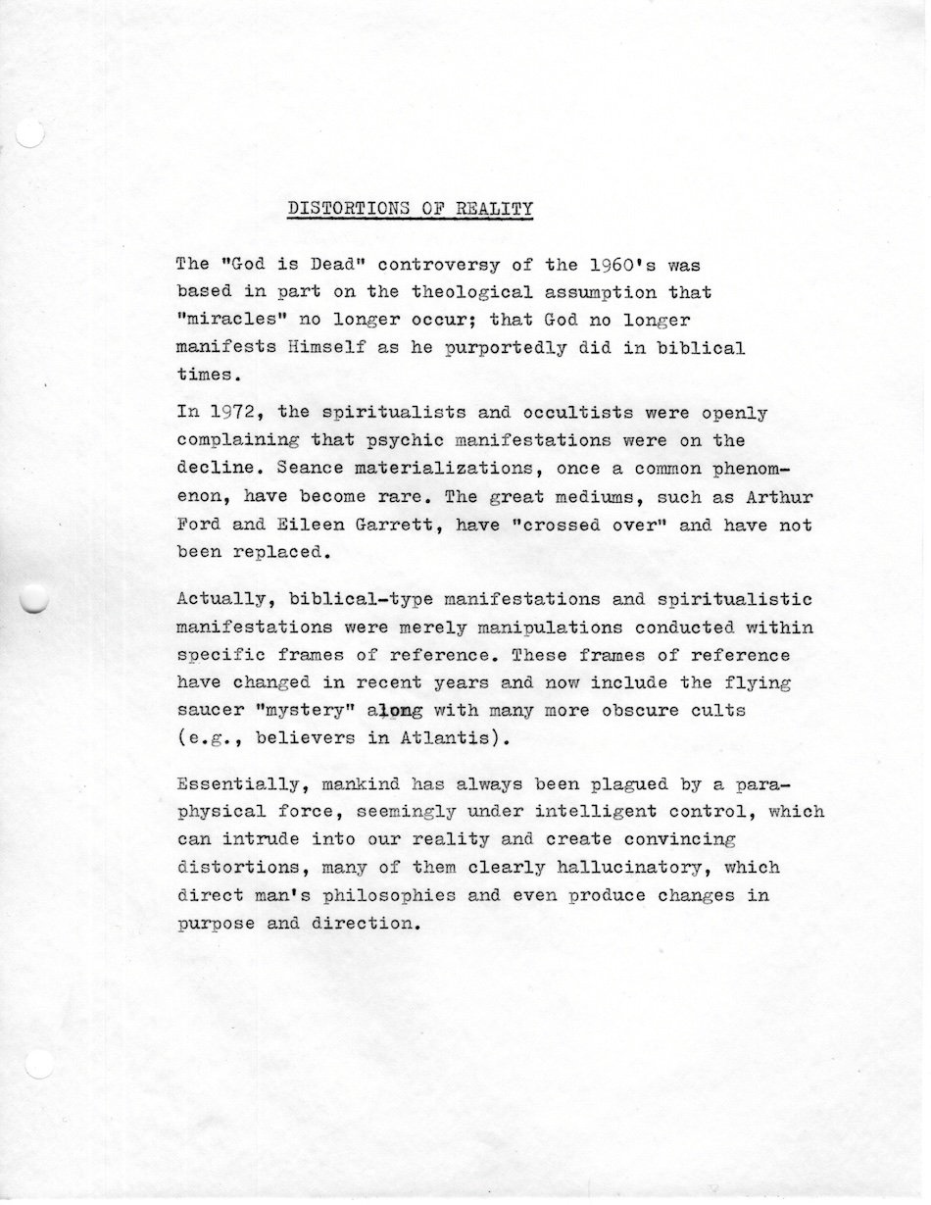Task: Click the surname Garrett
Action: (392, 525)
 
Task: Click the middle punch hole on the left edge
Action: (33, 598)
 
